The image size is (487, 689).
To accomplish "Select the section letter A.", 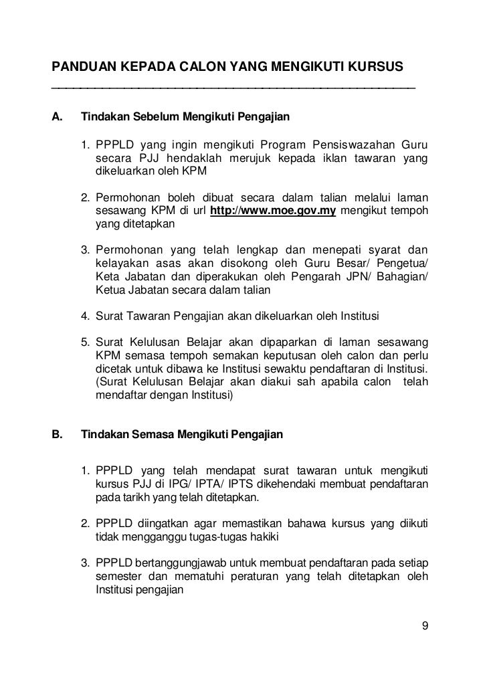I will [57, 118].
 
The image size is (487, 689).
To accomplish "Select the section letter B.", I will [57, 435].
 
